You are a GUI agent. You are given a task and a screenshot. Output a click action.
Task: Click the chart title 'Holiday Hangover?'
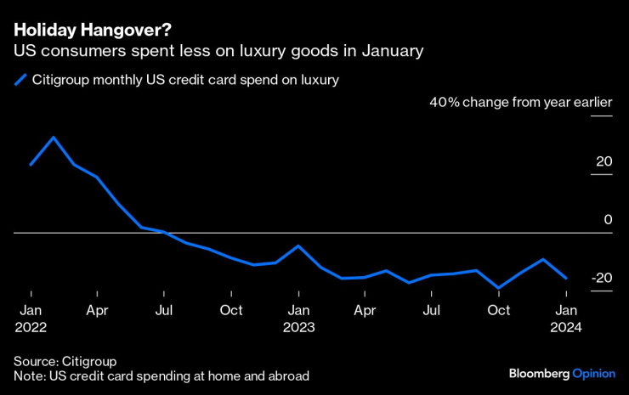tap(92, 30)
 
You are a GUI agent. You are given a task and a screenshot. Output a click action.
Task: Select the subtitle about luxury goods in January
tap(218, 51)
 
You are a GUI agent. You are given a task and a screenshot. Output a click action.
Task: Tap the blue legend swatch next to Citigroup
tap(20, 81)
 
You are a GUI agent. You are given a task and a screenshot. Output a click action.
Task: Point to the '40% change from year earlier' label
tap(520, 103)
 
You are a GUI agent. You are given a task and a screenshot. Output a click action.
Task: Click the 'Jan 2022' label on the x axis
tap(30, 318)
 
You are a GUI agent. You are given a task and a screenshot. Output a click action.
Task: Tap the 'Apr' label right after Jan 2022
tap(97, 310)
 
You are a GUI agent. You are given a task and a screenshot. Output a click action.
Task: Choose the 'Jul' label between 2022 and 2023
tap(164, 310)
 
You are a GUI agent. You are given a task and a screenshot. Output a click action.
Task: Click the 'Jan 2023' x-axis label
tap(298, 318)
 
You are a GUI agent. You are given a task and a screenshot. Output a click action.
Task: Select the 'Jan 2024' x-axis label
tap(566, 318)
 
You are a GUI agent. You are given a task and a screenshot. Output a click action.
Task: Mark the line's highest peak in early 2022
tap(54, 137)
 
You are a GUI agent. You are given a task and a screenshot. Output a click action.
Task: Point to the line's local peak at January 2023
tap(298, 245)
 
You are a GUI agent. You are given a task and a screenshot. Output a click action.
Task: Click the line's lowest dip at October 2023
tap(499, 289)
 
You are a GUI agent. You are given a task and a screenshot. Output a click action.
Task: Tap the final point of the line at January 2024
tap(566, 278)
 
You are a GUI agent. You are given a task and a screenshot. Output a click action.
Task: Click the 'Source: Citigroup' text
tap(65, 360)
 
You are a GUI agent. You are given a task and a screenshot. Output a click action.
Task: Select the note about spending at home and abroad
tap(161, 375)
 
